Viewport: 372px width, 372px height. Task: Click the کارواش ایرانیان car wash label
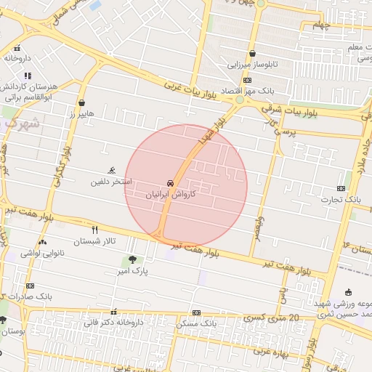171,195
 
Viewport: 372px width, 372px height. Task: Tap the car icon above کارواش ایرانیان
171,183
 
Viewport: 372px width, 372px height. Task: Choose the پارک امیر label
133,271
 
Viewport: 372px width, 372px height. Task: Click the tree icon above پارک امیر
132,259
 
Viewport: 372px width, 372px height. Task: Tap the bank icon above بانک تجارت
341,187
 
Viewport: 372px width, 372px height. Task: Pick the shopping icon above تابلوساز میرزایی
252,53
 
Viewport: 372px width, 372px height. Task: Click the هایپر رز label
81,114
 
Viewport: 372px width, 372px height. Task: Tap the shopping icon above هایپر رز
81,103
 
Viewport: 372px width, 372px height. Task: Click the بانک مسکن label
198,323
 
